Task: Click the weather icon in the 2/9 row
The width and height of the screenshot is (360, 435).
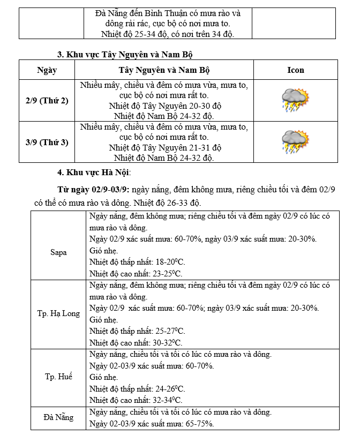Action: (x=295, y=101)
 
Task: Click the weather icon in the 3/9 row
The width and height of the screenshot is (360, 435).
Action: (x=295, y=142)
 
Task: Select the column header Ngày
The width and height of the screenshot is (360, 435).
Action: (x=47, y=70)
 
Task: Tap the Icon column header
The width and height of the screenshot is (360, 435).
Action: (x=295, y=70)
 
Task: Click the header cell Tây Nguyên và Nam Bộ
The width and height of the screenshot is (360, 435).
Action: (x=163, y=70)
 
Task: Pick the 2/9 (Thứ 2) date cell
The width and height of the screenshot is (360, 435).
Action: (x=47, y=101)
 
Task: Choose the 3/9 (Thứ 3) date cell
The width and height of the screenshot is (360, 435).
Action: (x=47, y=142)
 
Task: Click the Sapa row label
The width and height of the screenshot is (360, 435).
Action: (x=58, y=252)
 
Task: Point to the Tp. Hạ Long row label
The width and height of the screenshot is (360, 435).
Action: (x=58, y=313)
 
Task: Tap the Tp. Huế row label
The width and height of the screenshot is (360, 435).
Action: (x=58, y=377)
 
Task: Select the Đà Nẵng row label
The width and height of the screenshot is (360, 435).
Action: (x=58, y=417)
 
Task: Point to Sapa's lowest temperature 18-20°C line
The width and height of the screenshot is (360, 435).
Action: (x=137, y=262)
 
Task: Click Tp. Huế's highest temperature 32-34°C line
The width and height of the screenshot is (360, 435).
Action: (x=136, y=400)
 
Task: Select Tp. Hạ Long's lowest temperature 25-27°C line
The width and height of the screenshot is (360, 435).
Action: (x=137, y=331)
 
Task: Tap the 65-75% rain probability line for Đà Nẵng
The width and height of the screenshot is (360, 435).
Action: (x=152, y=424)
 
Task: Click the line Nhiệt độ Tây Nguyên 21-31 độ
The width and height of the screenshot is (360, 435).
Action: (x=164, y=147)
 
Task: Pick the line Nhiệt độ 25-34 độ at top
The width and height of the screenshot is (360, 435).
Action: (x=168, y=34)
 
